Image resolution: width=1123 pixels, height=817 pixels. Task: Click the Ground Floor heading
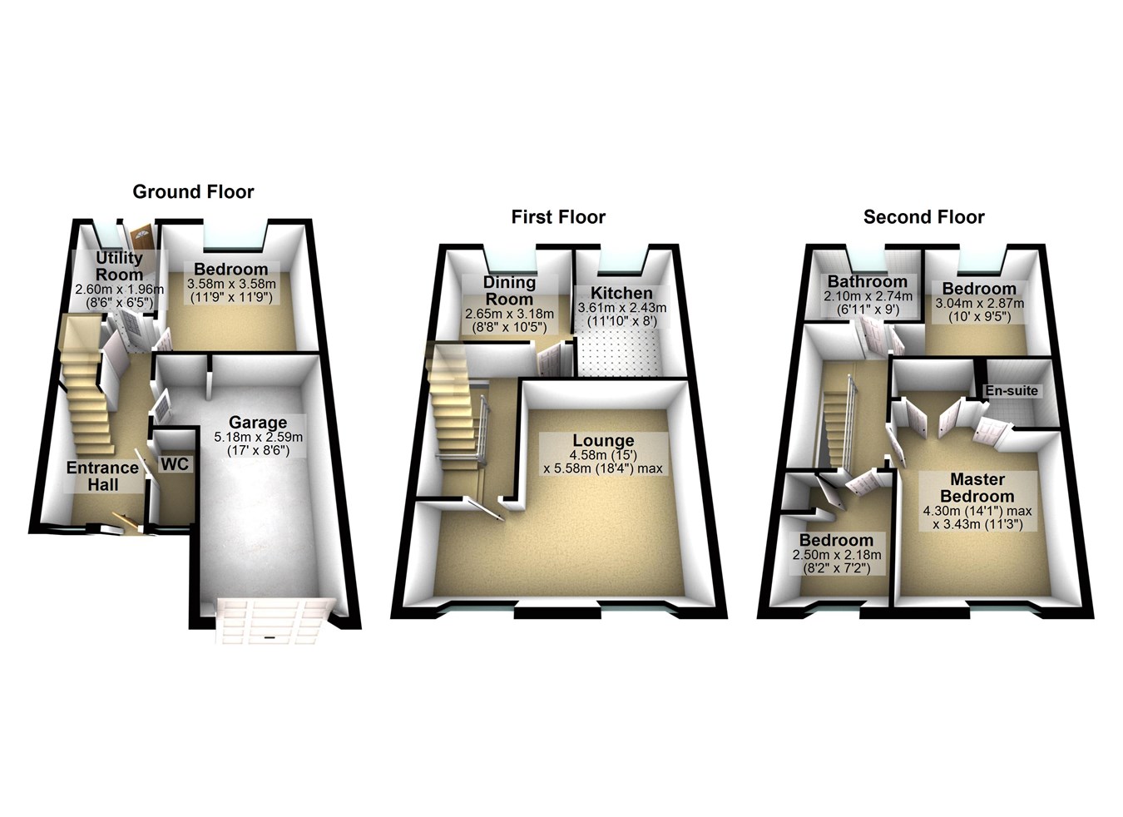(x=193, y=192)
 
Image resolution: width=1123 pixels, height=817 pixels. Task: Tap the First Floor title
(x=558, y=217)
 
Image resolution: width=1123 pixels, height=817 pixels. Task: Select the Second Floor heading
(x=923, y=217)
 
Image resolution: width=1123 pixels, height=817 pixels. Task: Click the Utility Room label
(x=120, y=266)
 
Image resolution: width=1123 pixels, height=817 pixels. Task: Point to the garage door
(x=270, y=620)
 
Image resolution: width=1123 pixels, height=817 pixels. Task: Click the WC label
(x=174, y=464)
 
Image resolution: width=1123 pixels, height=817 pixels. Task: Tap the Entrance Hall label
(x=103, y=476)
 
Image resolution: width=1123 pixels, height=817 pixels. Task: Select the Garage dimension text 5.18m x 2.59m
(x=259, y=437)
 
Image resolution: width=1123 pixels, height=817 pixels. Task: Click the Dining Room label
(x=509, y=290)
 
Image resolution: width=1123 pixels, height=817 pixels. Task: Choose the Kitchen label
(x=621, y=293)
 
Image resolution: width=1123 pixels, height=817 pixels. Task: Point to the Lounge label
(x=603, y=441)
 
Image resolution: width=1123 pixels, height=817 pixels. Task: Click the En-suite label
(x=1012, y=390)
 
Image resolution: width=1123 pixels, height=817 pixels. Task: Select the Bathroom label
(x=867, y=281)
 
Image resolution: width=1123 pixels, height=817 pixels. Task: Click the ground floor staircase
(x=83, y=383)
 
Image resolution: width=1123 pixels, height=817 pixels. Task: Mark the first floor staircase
(x=453, y=408)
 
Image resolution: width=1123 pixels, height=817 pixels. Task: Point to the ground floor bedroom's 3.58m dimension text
(x=230, y=283)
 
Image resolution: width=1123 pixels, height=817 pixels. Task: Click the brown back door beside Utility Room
(x=141, y=236)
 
